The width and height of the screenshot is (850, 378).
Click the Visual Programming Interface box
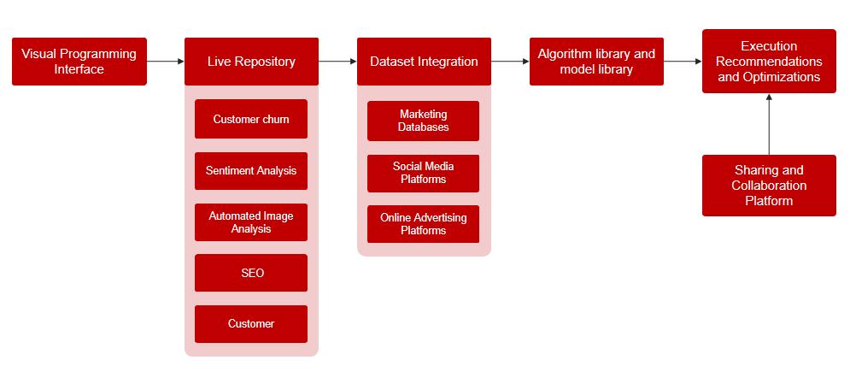pyautogui.click(x=79, y=62)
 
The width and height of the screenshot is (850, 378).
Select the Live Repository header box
pyautogui.click(x=251, y=62)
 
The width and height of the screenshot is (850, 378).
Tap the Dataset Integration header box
pyautogui.click(x=424, y=62)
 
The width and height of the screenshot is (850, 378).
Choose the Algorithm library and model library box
pyautogui.click(x=596, y=62)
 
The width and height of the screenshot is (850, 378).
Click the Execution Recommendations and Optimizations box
pyautogui.click(x=769, y=62)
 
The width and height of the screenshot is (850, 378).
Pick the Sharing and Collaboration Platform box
pyautogui.click(x=769, y=186)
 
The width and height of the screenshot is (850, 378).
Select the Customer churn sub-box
pyautogui.click(x=251, y=120)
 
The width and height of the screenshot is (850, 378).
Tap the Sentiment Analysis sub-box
pyautogui.click(x=251, y=171)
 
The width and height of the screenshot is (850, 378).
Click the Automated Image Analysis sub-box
pyautogui.click(x=251, y=222)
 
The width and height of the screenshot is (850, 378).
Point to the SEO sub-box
pyautogui.click(x=251, y=274)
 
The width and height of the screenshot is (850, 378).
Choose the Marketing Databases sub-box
pyautogui.click(x=424, y=121)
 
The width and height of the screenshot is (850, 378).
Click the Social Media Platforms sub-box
pyautogui.click(x=424, y=173)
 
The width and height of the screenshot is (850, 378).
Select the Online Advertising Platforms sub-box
pyautogui.click(x=424, y=224)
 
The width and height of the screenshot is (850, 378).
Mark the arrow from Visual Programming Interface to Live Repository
pyautogui.click(x=166, y=62)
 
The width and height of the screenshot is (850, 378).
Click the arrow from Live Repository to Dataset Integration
pyautogui.click(x=338, y=62)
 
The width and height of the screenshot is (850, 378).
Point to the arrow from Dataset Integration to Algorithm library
pyautogui.click(x=511, y=62)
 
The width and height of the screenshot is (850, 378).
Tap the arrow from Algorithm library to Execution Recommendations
pyautogui.click(x=683, y=62)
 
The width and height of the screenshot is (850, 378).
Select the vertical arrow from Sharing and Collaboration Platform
pyautogui.click(x=769, y=124)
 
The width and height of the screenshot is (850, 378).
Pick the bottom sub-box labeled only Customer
pyautogui.click(x=251, y=324)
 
